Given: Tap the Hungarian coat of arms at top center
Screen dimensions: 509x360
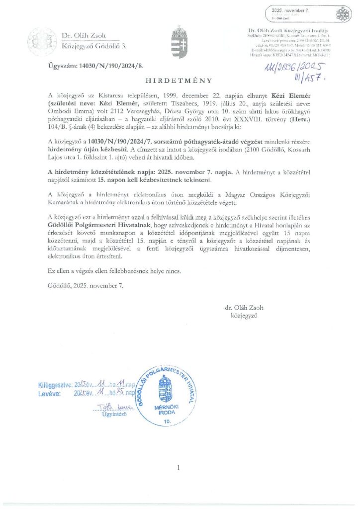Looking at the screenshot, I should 179,42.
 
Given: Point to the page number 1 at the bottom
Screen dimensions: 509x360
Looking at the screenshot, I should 178,467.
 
